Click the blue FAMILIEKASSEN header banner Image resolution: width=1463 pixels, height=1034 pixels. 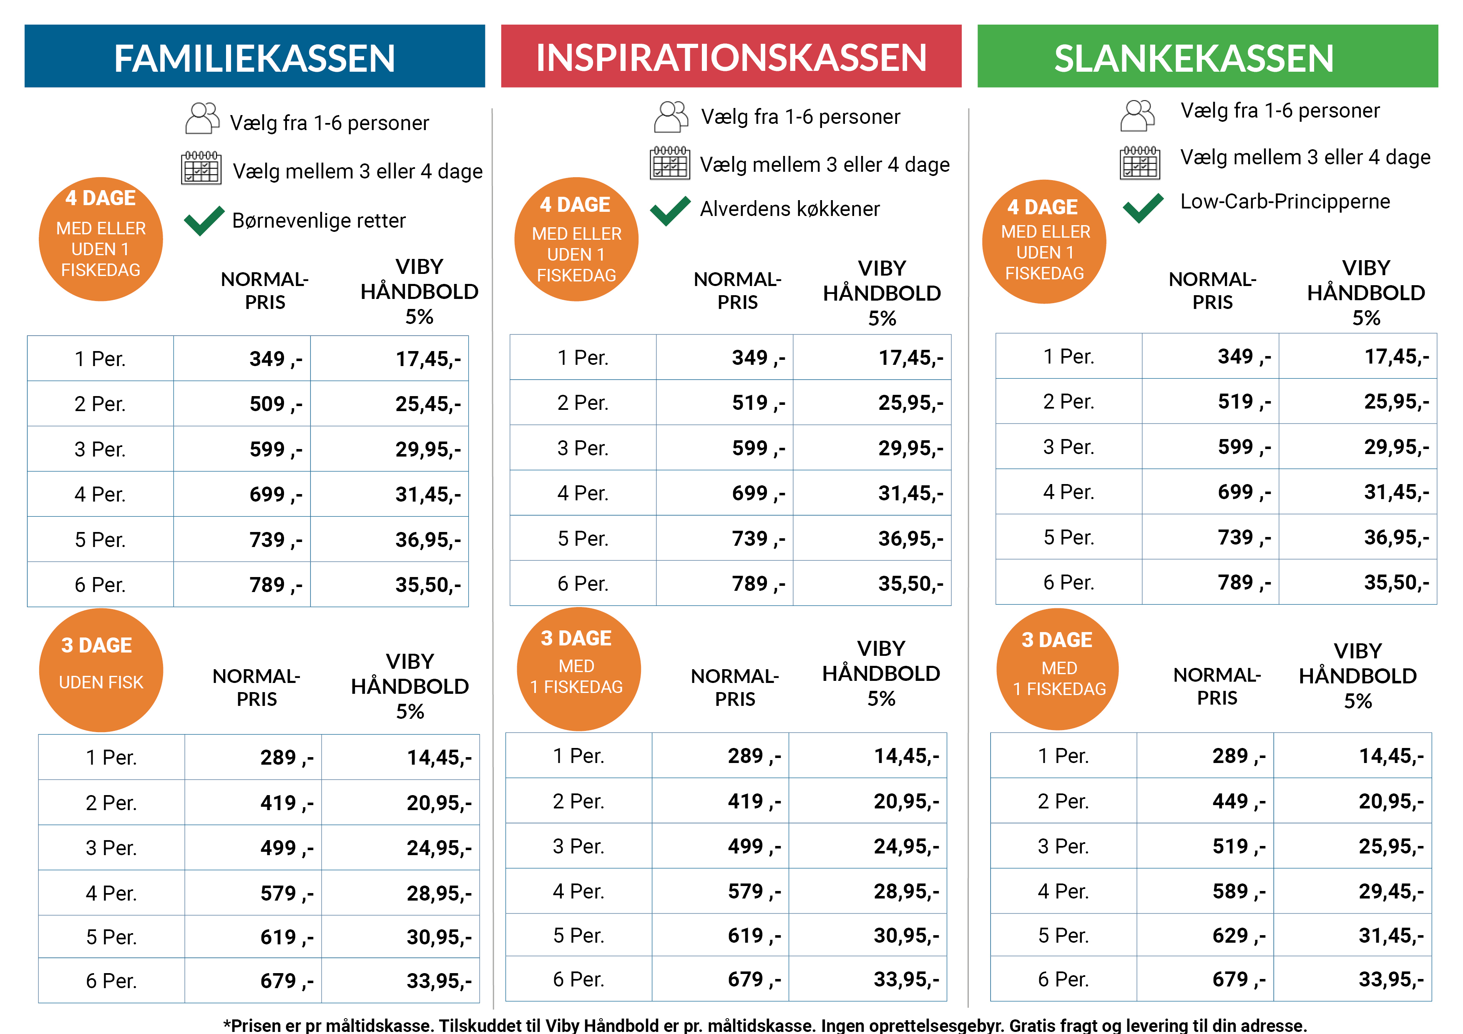(254, 56)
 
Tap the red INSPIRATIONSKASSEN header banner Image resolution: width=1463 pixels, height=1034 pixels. (731, 56)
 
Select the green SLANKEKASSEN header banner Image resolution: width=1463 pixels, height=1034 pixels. (1207, 56)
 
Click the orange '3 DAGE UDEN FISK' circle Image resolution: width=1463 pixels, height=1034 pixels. (101, 670)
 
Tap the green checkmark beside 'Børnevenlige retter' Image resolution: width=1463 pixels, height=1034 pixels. (204, 221)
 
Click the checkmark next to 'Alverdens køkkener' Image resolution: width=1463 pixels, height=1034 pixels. (670, 210)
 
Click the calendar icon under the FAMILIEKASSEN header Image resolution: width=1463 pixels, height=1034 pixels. (201, 168)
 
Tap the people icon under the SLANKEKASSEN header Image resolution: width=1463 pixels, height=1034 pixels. (1137, 115)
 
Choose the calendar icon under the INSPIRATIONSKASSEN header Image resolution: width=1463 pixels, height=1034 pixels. (670, 163)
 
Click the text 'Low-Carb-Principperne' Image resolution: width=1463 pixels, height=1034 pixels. (1285, 201)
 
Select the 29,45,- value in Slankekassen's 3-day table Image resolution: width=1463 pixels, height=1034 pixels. (1390, 891)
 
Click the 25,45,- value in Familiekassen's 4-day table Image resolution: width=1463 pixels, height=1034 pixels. (427, 404)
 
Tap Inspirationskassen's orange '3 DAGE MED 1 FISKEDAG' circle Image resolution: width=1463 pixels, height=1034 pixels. (578, 669)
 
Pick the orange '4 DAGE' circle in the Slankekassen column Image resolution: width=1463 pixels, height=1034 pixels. (1044, 241)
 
